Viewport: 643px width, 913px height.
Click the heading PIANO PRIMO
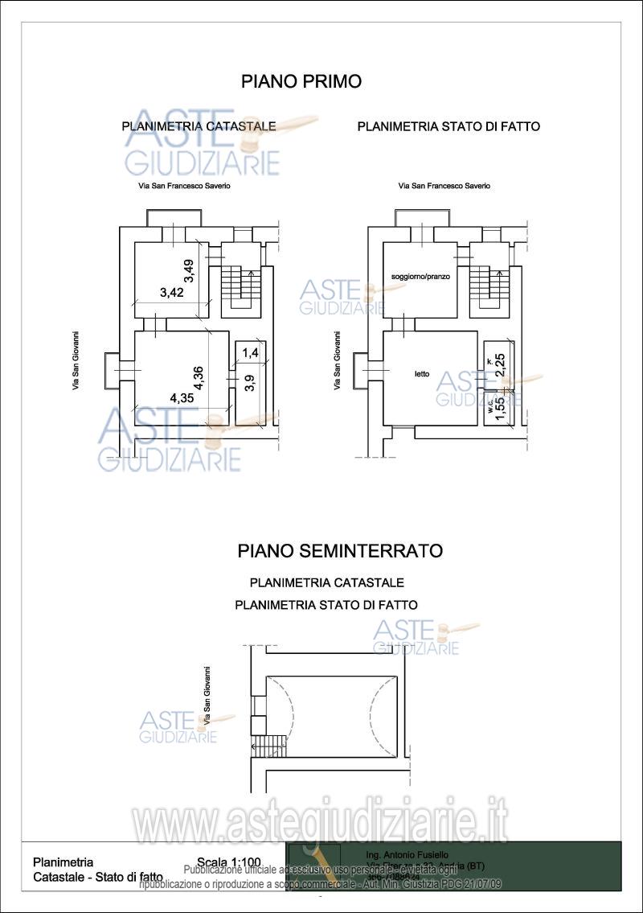tap(301, 81)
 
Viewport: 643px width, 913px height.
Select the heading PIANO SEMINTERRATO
tap(340, 551)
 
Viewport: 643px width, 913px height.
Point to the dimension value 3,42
tap(172, 293)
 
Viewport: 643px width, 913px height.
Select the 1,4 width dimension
tap(250, 352)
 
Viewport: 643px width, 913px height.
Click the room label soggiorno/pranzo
tap(420, 276)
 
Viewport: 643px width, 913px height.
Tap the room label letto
tap(421, 373)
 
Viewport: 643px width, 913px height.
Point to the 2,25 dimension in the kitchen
tap(499, 364)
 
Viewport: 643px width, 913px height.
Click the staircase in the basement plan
tap(271, 745)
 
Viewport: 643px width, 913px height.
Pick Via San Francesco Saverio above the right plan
tap(444, 186)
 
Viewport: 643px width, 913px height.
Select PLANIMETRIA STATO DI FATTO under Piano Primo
tap(448, 126)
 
